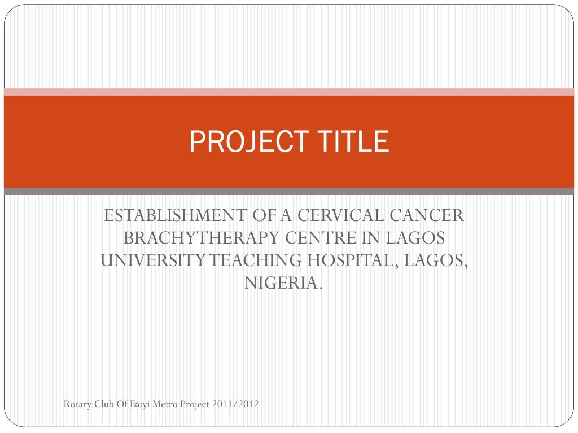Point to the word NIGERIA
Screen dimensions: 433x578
[x=284, y=283]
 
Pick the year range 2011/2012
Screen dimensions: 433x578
[x=236, y=404]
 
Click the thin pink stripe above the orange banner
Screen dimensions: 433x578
[x=289, y=92]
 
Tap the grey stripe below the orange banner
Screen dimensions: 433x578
[x=289, y=192]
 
